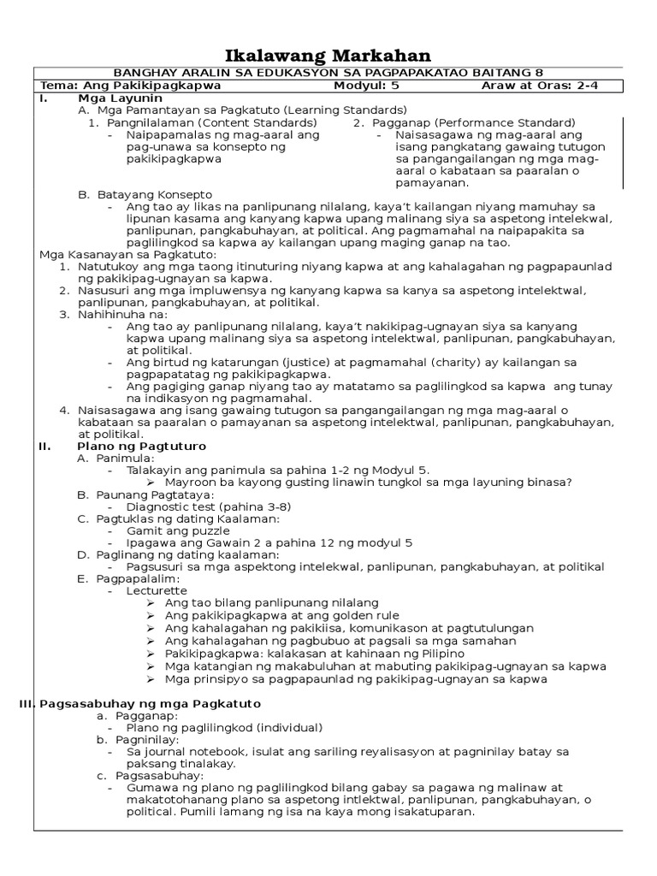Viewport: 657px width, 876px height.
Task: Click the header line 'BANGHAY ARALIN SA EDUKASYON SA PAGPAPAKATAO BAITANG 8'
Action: [328, 74]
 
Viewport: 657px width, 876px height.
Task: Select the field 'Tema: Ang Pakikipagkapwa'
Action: [131, 86]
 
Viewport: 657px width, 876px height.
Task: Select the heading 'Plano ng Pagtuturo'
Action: [141, 446]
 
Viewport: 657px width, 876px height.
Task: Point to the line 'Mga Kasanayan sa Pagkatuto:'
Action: [128, 255]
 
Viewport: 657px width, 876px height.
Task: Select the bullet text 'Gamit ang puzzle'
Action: [178, 530]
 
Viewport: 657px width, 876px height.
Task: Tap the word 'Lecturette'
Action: [157, 590]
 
